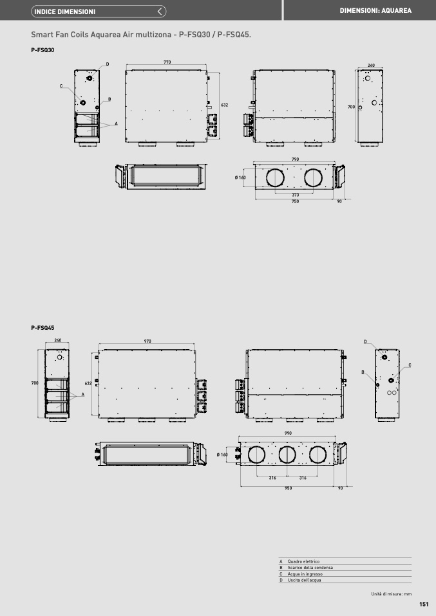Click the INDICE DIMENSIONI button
(x=99, y=12)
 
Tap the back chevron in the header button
(x=159, y=12)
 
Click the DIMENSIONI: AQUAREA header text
(x=375, y=10)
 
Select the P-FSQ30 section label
(x=43, y=50)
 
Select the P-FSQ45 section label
(x=43, y=328)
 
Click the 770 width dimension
(x=167, y=62)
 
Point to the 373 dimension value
(x=296, y=195)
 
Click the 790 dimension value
(x=295, y=159)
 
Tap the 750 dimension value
(x=295, y=201)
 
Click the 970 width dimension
(x=147, y=341)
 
